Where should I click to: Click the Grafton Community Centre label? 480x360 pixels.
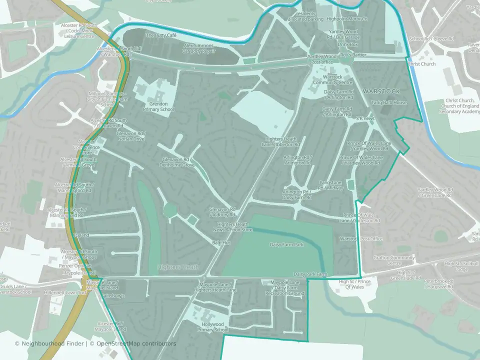394,260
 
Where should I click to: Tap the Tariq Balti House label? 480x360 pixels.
389,102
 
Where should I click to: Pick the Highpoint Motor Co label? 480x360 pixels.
347,19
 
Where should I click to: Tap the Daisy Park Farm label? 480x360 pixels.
310,274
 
